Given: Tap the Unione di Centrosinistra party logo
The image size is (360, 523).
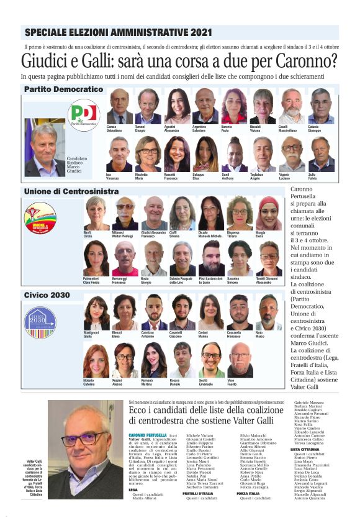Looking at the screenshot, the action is pyautogui.click(x=40, y=218).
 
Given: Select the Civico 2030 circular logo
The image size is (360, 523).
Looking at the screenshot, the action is pyautogui.click(x=40, y=322).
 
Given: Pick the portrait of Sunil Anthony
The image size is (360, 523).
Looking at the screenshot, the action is pyautogui.click(x=235, y=154).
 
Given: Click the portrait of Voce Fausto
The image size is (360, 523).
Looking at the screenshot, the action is pyautogui.click(x=240, y=360).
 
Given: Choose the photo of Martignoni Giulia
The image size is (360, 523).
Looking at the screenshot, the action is pyautogui.click(x=96, y=313).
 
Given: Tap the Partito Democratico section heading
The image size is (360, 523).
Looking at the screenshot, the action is pyautogui.click(x=63, y=89).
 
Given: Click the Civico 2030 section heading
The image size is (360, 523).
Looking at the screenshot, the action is pyautogui.click(x=47, y=295).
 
